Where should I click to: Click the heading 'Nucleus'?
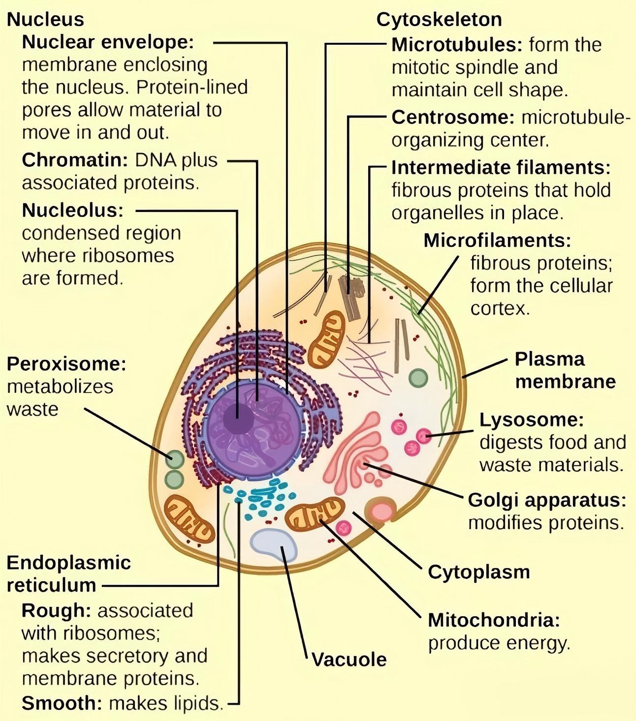(x=45, y=20)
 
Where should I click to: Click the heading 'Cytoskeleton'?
(x=439, y=20)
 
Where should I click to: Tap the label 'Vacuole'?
(x=349, y=660)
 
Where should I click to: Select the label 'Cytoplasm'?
(x=478, y=572)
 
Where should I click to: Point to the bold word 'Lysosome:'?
(x=531, y=420)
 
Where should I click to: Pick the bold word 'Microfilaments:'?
(x=497, y=240)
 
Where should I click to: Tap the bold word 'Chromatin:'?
(x=75, y=160)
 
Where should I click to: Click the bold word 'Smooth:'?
(x=62, y=703)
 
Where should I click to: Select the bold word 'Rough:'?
(x=56, y=611)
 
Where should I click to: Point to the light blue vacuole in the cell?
(x=274, y=543)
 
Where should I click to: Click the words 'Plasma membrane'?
(x=565, y=370)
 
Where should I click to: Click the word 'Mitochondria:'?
(x=494, y=620)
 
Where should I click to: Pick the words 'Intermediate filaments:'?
(x=501, y=168)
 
